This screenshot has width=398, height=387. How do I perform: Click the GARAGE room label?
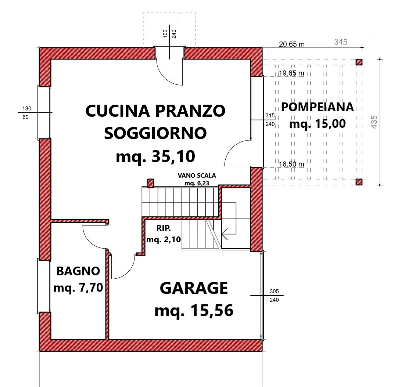point(194,288)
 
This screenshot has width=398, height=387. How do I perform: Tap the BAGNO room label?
point(78,271)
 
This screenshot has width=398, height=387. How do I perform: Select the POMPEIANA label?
point(317,107)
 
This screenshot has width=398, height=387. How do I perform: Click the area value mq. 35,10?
point(155,156)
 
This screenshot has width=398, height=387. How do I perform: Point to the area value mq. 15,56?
point(194,310)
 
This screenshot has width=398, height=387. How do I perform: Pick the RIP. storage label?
point(164,228)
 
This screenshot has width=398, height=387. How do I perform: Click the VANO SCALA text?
point(197,176)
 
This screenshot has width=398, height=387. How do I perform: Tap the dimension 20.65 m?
point(292,44)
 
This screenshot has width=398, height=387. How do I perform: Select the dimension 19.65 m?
point(291,73)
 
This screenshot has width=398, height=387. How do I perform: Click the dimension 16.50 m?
point(291,164)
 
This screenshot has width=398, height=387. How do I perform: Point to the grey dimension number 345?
point(341,42)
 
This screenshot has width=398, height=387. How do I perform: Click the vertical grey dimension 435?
point(374,122)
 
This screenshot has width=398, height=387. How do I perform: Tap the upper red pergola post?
point(359,62)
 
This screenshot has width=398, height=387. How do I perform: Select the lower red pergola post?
point(359,182)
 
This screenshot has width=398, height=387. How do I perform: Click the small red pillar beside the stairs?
point(151,183)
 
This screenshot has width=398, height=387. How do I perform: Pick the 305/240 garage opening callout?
point(274,296)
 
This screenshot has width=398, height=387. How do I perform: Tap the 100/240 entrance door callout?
point(169,34)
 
